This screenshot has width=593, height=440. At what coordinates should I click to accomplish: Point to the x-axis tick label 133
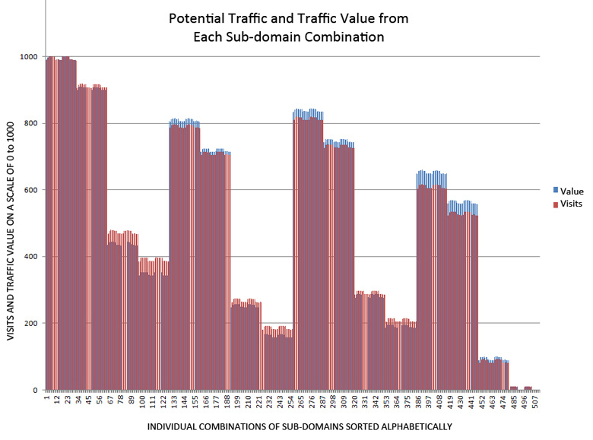[x=173, y=400]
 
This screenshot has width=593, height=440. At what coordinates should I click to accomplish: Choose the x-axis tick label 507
[x=535, y=400]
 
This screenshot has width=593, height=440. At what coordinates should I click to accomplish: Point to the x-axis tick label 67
[x=111, y=399]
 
